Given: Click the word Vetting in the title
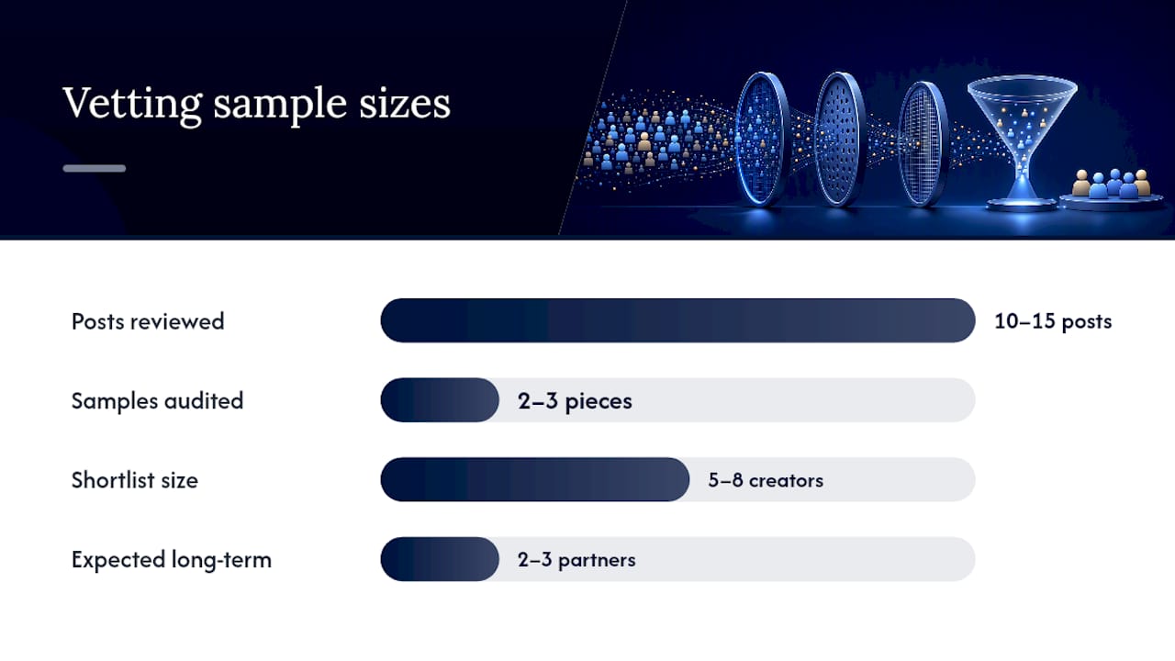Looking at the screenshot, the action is coord(132,104).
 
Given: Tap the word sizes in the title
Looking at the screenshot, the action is coord(405,103).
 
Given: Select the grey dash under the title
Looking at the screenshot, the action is coord(95,168).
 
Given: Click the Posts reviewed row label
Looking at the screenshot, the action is coord(148,321).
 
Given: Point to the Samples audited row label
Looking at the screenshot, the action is coord(157,401).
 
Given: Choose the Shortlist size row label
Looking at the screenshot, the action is coord(135,480).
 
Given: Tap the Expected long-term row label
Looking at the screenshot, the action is coord(172,560).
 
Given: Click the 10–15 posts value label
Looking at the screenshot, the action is coord(1053,321).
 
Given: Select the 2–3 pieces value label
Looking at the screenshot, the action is coord(575,401).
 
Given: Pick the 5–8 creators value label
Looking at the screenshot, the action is coord(766,480).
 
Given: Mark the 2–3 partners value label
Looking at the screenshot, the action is coord(576,560).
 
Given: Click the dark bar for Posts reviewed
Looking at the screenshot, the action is coord(677,320).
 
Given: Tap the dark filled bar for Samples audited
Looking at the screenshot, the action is coord(440,399).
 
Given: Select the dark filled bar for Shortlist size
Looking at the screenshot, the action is coord(535,479).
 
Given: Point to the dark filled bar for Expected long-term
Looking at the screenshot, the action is coord(440,559).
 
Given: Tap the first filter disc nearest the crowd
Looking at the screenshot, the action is coord(763,139).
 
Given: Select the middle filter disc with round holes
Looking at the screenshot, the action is coord(840,139).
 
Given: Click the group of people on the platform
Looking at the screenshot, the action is coord(1111,184).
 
